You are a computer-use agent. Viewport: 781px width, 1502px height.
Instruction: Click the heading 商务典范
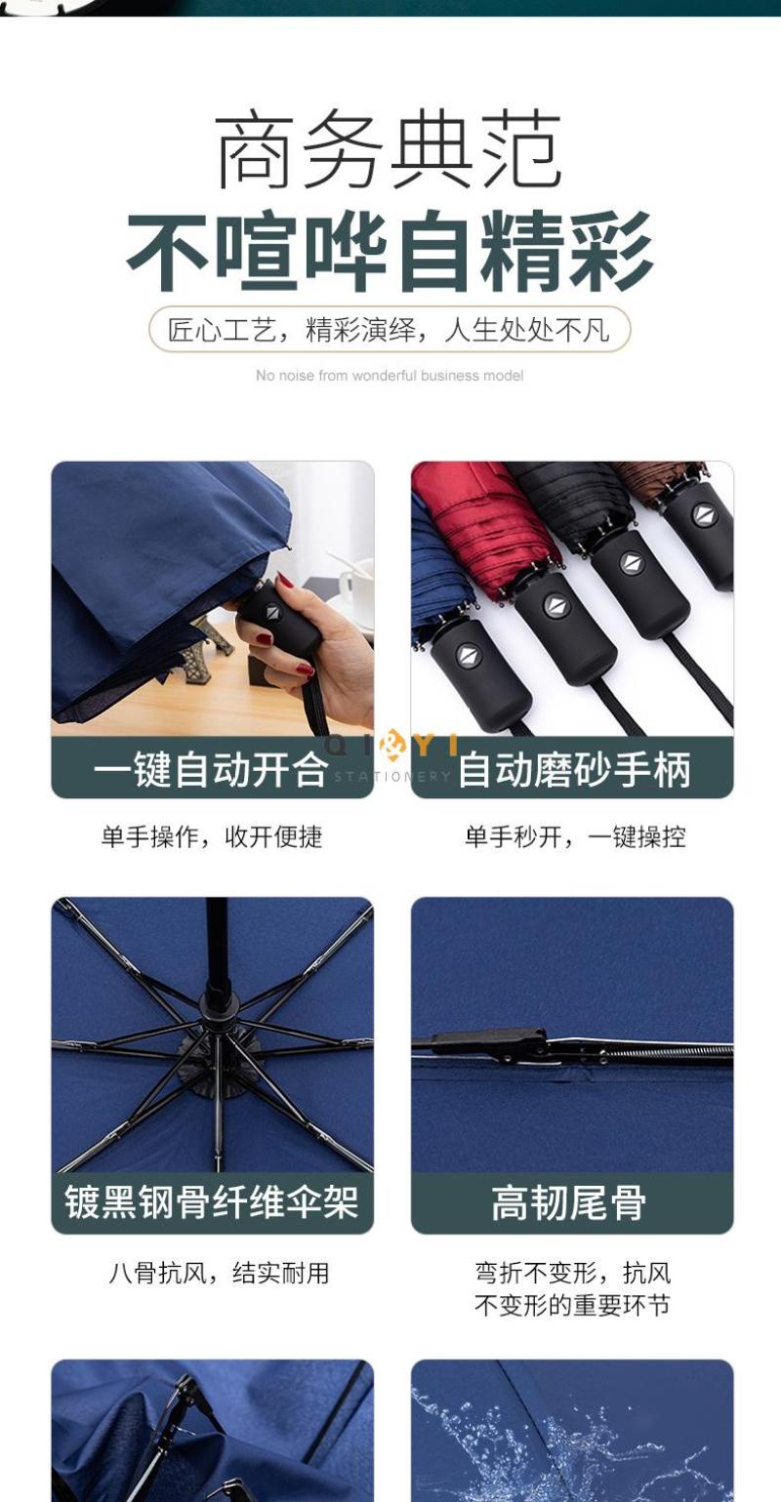(x=390, y=151)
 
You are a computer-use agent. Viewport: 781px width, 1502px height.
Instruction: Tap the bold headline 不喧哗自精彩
(x=390, y=250)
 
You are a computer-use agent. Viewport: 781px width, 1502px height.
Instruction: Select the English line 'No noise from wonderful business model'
(x=390, y=376)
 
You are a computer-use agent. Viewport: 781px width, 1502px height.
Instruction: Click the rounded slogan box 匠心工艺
(x=390, y=329)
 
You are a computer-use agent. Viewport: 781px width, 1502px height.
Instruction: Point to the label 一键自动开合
(x=211, y=768)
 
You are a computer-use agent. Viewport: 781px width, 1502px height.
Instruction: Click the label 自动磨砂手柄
(x=574, y=768)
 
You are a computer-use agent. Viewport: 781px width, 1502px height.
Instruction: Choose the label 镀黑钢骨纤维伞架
(x=211, y=1201)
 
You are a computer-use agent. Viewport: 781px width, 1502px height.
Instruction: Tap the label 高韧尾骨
(x=569, y=1201)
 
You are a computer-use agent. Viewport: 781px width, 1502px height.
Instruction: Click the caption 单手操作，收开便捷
(x=212, y=836)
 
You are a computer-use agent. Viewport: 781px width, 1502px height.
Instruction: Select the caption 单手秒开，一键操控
(x=576, y=836)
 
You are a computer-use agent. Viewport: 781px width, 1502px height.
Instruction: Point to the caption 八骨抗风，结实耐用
(x=219, y=1273)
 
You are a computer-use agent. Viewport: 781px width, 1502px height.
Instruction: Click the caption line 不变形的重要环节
(x=572, y=1305)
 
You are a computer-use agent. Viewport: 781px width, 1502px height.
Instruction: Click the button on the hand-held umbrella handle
(x=272, y=612)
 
